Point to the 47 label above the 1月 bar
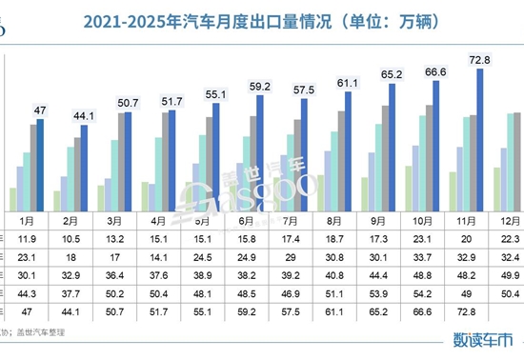(41, 110)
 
